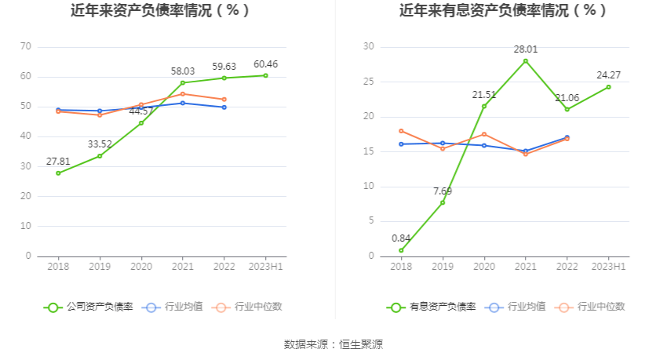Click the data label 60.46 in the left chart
point(265,64)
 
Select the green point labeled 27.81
point(58,173)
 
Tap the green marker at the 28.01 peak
point(526,61)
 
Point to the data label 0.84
point(401,238)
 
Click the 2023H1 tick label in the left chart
point(265,267)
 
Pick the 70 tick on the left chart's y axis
point(25,47)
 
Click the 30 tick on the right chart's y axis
point(369,47)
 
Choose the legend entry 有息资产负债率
point(431,307)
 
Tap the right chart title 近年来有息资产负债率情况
point(503,11)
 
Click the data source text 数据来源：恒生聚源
point(333,344)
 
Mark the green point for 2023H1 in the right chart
point(608,87)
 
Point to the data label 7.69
point(443,191)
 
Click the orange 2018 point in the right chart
point(401,131)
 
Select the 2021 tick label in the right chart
point(526,267)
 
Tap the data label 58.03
point(183,71)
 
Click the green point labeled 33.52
point(100,155)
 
